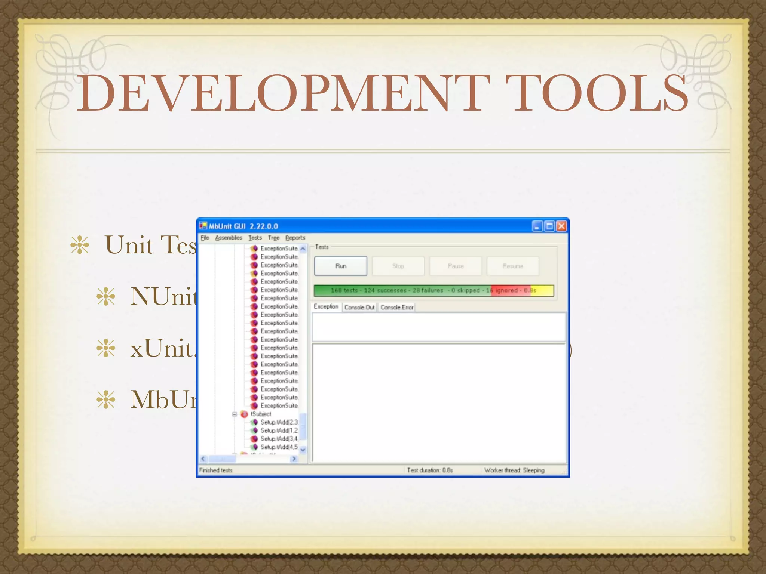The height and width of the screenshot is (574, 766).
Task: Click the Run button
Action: click(340, 266)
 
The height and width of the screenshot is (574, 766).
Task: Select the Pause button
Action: click(455, 266)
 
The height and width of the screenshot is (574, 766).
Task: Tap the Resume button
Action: click(512, 266)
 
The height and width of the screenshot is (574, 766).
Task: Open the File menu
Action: click(205, 238)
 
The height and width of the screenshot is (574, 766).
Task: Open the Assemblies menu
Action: click(229, 238)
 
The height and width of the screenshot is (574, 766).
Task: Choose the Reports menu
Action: click(295, 238)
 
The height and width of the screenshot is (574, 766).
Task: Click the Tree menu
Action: click(273, 238)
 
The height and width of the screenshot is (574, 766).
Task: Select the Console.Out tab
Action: click(359, 307)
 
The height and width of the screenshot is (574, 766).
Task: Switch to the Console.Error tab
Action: click(397, 307)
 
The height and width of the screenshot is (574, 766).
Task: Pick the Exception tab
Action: click(326, 306)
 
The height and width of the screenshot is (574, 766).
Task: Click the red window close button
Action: click(561, 226)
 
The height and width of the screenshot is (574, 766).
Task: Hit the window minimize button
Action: click(537, 226)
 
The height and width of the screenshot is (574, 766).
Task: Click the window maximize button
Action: click(549, 226)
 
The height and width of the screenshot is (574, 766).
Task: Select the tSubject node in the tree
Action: click(261, 414)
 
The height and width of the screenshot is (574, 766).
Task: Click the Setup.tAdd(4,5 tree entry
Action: click(279, 447)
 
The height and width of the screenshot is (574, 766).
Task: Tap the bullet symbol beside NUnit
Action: click(106, 297)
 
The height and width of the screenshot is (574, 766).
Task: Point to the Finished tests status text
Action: click(216, 470)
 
